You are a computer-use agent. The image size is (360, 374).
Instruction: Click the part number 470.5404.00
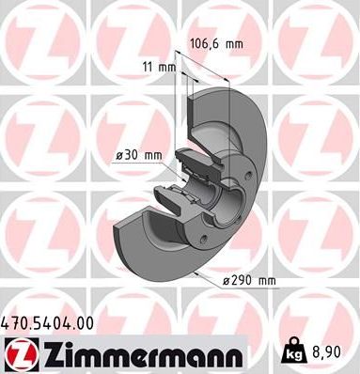click(48, 322)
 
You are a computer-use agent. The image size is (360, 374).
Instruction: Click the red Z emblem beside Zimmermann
click(17, 353)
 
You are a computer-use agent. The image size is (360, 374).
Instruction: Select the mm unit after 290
click(267, 281)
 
